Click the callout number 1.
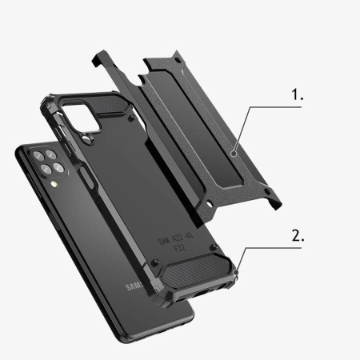pos(297,94)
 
